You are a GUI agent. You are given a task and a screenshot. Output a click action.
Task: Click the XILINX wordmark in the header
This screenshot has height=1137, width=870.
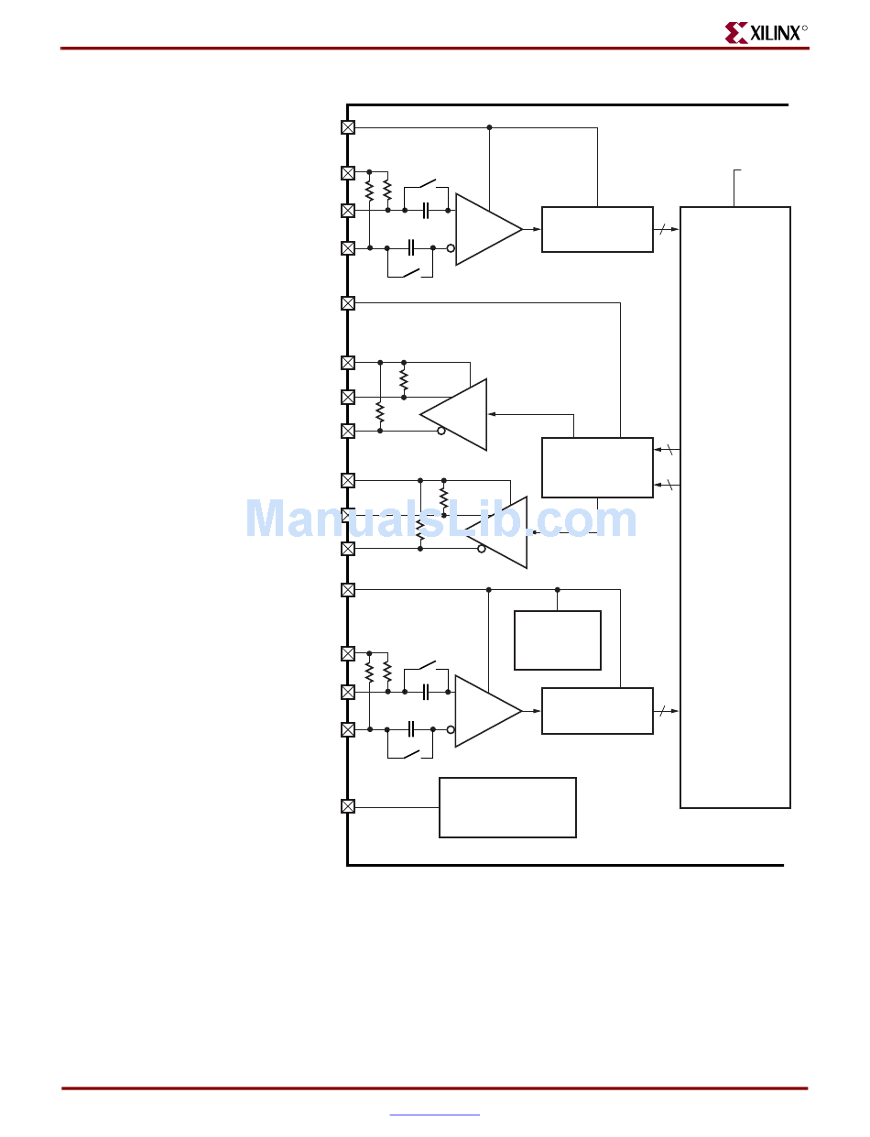coord(778,34)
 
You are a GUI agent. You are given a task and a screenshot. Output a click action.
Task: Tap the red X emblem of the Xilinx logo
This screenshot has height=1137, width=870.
coord(736,34)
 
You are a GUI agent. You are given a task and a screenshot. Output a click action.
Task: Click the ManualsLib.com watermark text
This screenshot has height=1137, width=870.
coord(440,519)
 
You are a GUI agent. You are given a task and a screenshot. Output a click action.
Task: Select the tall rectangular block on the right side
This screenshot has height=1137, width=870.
coord(734,507)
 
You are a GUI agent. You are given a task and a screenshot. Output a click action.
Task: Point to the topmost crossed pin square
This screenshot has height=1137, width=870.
coord(348,127)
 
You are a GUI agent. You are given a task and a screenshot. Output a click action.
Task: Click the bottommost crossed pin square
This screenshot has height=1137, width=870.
coord(348,806)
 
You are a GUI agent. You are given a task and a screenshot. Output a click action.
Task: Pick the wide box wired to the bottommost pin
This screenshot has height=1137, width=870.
coord(507,807)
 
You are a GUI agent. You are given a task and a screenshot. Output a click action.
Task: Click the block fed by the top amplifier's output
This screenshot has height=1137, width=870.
coord(597,229)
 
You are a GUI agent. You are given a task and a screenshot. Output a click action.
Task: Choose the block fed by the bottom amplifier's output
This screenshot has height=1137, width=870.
coord(597,711)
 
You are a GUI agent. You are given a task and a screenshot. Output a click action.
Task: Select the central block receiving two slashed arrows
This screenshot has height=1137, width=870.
coord(597,467)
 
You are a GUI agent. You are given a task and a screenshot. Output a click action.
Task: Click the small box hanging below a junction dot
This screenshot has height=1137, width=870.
coord(557,640)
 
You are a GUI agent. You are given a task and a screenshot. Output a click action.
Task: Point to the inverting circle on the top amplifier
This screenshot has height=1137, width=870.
coord(451,248)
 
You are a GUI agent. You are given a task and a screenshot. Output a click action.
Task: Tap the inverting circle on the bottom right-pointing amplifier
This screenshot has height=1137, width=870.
coord(451,729)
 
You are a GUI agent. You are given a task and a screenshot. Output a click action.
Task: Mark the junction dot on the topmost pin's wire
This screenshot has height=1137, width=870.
coord(489,127)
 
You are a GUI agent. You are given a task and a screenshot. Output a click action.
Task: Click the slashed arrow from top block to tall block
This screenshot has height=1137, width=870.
coord(667,229)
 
